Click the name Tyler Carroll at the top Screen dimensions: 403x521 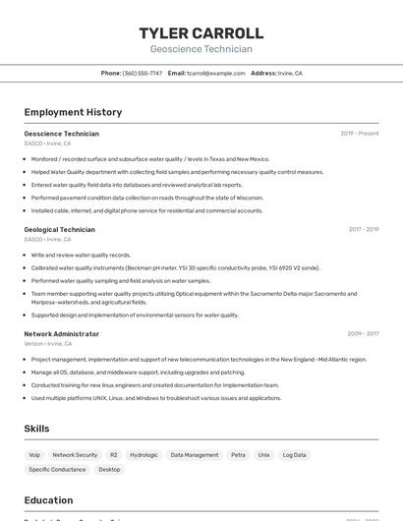(201, 33)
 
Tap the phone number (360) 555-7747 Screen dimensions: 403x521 (143, 74)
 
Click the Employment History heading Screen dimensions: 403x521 (73, 113)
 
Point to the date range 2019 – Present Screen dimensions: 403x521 (360, 134)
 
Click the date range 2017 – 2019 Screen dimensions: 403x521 (363, 230)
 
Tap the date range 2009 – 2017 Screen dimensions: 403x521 (363, 334)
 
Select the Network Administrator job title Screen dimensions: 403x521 (61, 334)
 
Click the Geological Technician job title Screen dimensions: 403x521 (59, 230)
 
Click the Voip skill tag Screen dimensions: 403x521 (34, 455)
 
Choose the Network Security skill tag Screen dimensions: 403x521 (75, 455)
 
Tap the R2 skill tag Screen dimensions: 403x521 (113, 455)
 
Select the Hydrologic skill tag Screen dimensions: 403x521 (144, 455)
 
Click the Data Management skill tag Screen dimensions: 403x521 (195, 455)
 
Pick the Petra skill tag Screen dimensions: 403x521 (238, 455)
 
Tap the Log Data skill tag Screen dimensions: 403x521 (294, 455)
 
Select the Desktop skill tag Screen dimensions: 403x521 (109, 470)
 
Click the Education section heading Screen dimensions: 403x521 (48, 500)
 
